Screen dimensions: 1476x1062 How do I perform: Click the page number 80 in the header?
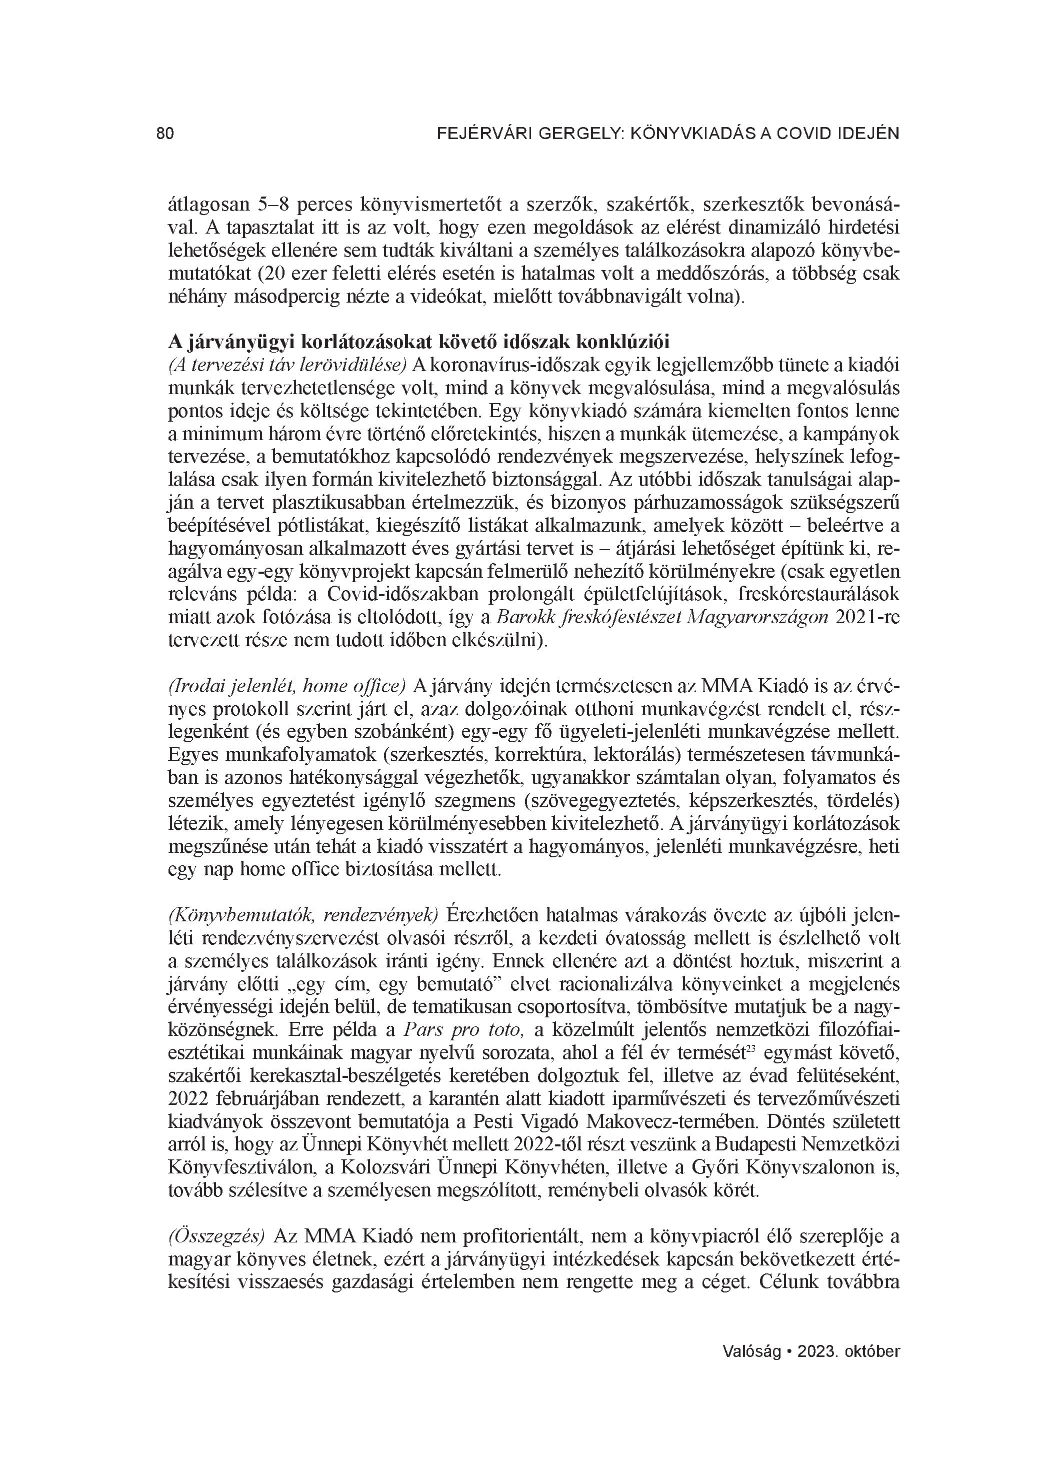(165, 134)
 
